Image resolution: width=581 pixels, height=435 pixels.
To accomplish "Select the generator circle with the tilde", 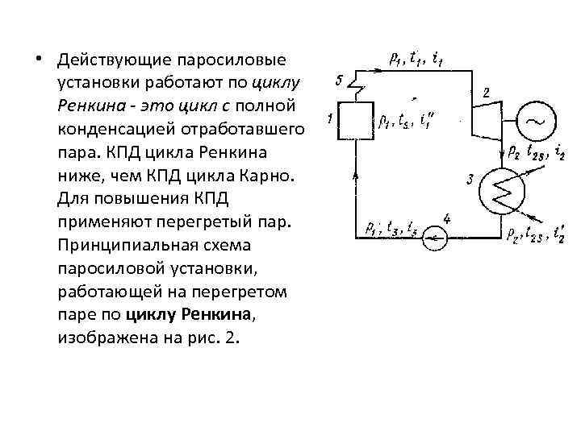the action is tap(533, 121).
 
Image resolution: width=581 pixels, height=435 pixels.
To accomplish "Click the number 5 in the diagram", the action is tap(340, 79).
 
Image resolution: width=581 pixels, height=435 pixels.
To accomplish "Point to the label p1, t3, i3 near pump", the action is tap(391, 227).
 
